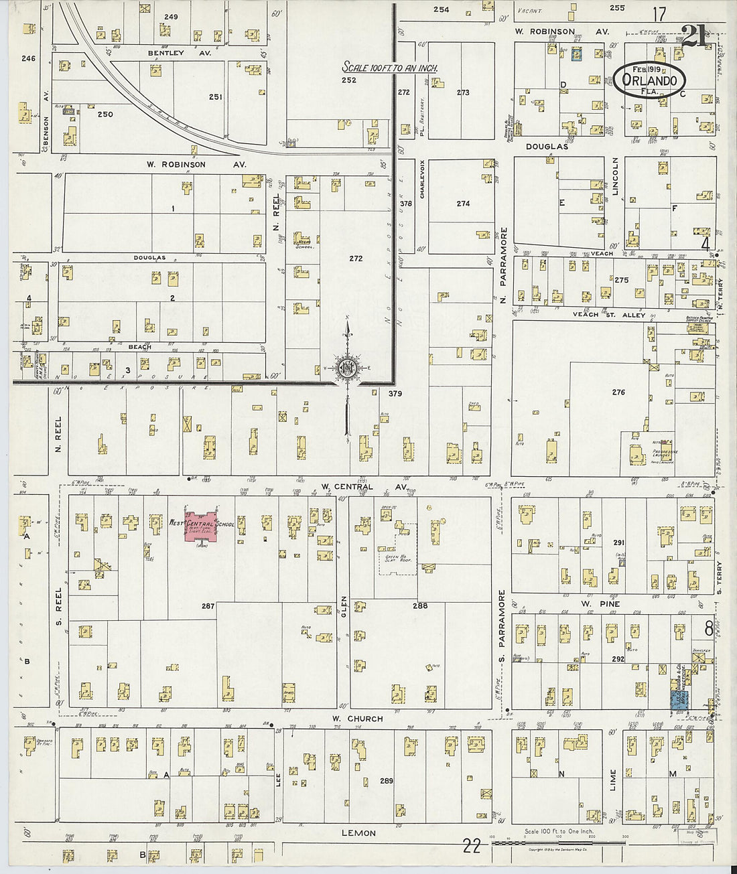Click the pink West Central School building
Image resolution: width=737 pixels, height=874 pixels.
click(x=200, y=524)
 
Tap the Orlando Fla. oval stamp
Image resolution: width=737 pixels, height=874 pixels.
click(x=649, y=80)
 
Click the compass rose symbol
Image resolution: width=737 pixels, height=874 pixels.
click(x=348, y=368)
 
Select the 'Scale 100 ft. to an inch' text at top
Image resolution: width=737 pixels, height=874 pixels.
click(x=390, y=68)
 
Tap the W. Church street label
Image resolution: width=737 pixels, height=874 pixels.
click(x=357, y=719)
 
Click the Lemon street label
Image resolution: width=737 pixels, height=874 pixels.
click(x=358, y=833)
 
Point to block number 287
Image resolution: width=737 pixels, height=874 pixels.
click(x=208, y=606)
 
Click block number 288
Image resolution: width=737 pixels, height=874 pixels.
click(x=420, y=606)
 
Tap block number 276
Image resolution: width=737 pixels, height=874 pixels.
click(x=618, y=392)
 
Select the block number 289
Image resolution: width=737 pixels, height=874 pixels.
click(x=386, y=781)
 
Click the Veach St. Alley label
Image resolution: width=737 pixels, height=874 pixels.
click(x=608, y=315)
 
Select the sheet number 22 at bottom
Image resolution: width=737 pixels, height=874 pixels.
click(x=472, y=847)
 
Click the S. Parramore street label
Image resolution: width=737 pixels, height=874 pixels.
click(x=502, y=618)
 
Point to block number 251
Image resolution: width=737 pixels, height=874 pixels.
click(x=215, y=97)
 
